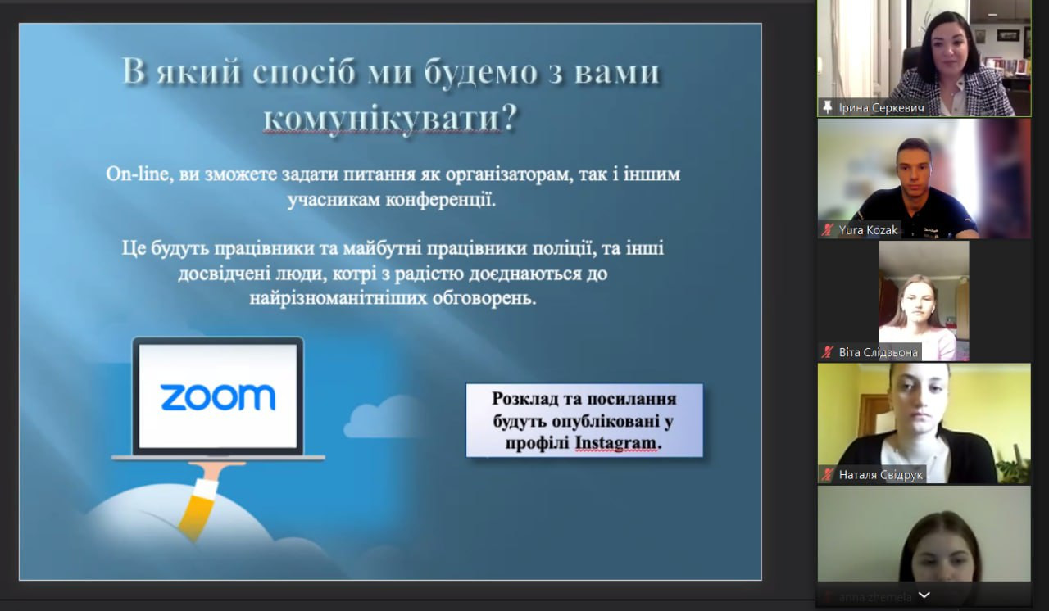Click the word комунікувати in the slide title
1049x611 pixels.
coord(382,117)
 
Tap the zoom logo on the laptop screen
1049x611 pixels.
coord(218,397)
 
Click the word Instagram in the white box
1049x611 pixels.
coord(615,442)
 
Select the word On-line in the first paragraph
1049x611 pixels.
coord(137,174)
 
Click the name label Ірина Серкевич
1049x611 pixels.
coord(881,108)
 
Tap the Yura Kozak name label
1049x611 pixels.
coord(868,229)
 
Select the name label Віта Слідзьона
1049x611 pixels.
coord(878,352)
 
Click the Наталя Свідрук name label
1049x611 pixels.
coord(880,475)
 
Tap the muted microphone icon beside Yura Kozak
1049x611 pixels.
coord(828,229)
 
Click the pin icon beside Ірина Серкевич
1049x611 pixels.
coord(828,107)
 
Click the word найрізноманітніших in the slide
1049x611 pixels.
coord(338,298)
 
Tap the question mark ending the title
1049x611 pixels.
coord(510,116)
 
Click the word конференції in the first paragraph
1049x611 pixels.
coord(441,200)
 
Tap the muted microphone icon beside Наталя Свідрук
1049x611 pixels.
coord(828,475)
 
